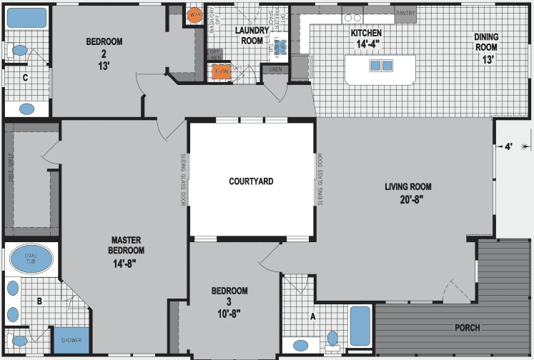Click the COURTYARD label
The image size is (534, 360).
pyautogui.click(x=251, y=182)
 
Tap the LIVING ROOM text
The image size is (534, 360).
pyautogui.click(x=408, y=187)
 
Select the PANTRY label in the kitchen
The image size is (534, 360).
pyautogui.click(x=405, y=13)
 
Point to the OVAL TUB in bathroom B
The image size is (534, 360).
pyautogui.click(x=31, y=258)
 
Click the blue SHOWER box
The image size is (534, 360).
pyautogui.click(x=71, y=340)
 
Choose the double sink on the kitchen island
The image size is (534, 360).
pyautogui.click(x=380, y=66)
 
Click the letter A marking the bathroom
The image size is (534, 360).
pyautogui.click(x=312, y=315)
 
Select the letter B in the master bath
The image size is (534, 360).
pyautogui.click(x=40, y=302)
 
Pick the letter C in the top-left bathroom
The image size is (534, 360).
pyautogui.click(x=26, y=77)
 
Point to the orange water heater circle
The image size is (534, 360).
pyautogui.click(x=194, y=14)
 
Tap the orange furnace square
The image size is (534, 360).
pyautogui.click(x=219, y=71)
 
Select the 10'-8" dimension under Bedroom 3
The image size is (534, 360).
pyautogui.click(x=229, y=314)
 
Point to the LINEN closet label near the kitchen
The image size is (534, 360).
pyautogui.click(x=275, y=69)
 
